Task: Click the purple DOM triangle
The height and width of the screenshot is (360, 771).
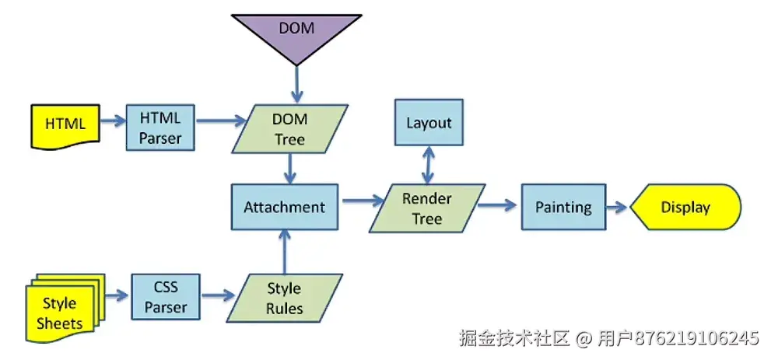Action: click(296, 33)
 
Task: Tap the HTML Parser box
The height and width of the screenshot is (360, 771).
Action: click(160, 128)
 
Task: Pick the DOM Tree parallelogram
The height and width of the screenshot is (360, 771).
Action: click(289, 129)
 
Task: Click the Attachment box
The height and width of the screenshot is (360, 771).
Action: click(284, 207)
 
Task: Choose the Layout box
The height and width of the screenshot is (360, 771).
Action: click(428, 122)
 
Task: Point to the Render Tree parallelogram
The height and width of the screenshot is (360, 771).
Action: click(426, 208)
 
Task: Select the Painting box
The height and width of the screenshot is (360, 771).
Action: click(563, 207)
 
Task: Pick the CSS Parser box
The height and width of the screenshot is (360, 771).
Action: click(165, 297)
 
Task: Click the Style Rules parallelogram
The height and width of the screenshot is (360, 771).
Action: click(284, 298)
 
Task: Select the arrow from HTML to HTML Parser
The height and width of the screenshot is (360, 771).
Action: click(112, 121)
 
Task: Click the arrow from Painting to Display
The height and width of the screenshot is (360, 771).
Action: click(616, 207)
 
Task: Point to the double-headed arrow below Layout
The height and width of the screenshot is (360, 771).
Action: click(427, 165)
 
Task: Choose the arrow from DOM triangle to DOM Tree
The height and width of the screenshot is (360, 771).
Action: click(296, 82)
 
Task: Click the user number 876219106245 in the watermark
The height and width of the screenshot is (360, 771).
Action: click(696, 339)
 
